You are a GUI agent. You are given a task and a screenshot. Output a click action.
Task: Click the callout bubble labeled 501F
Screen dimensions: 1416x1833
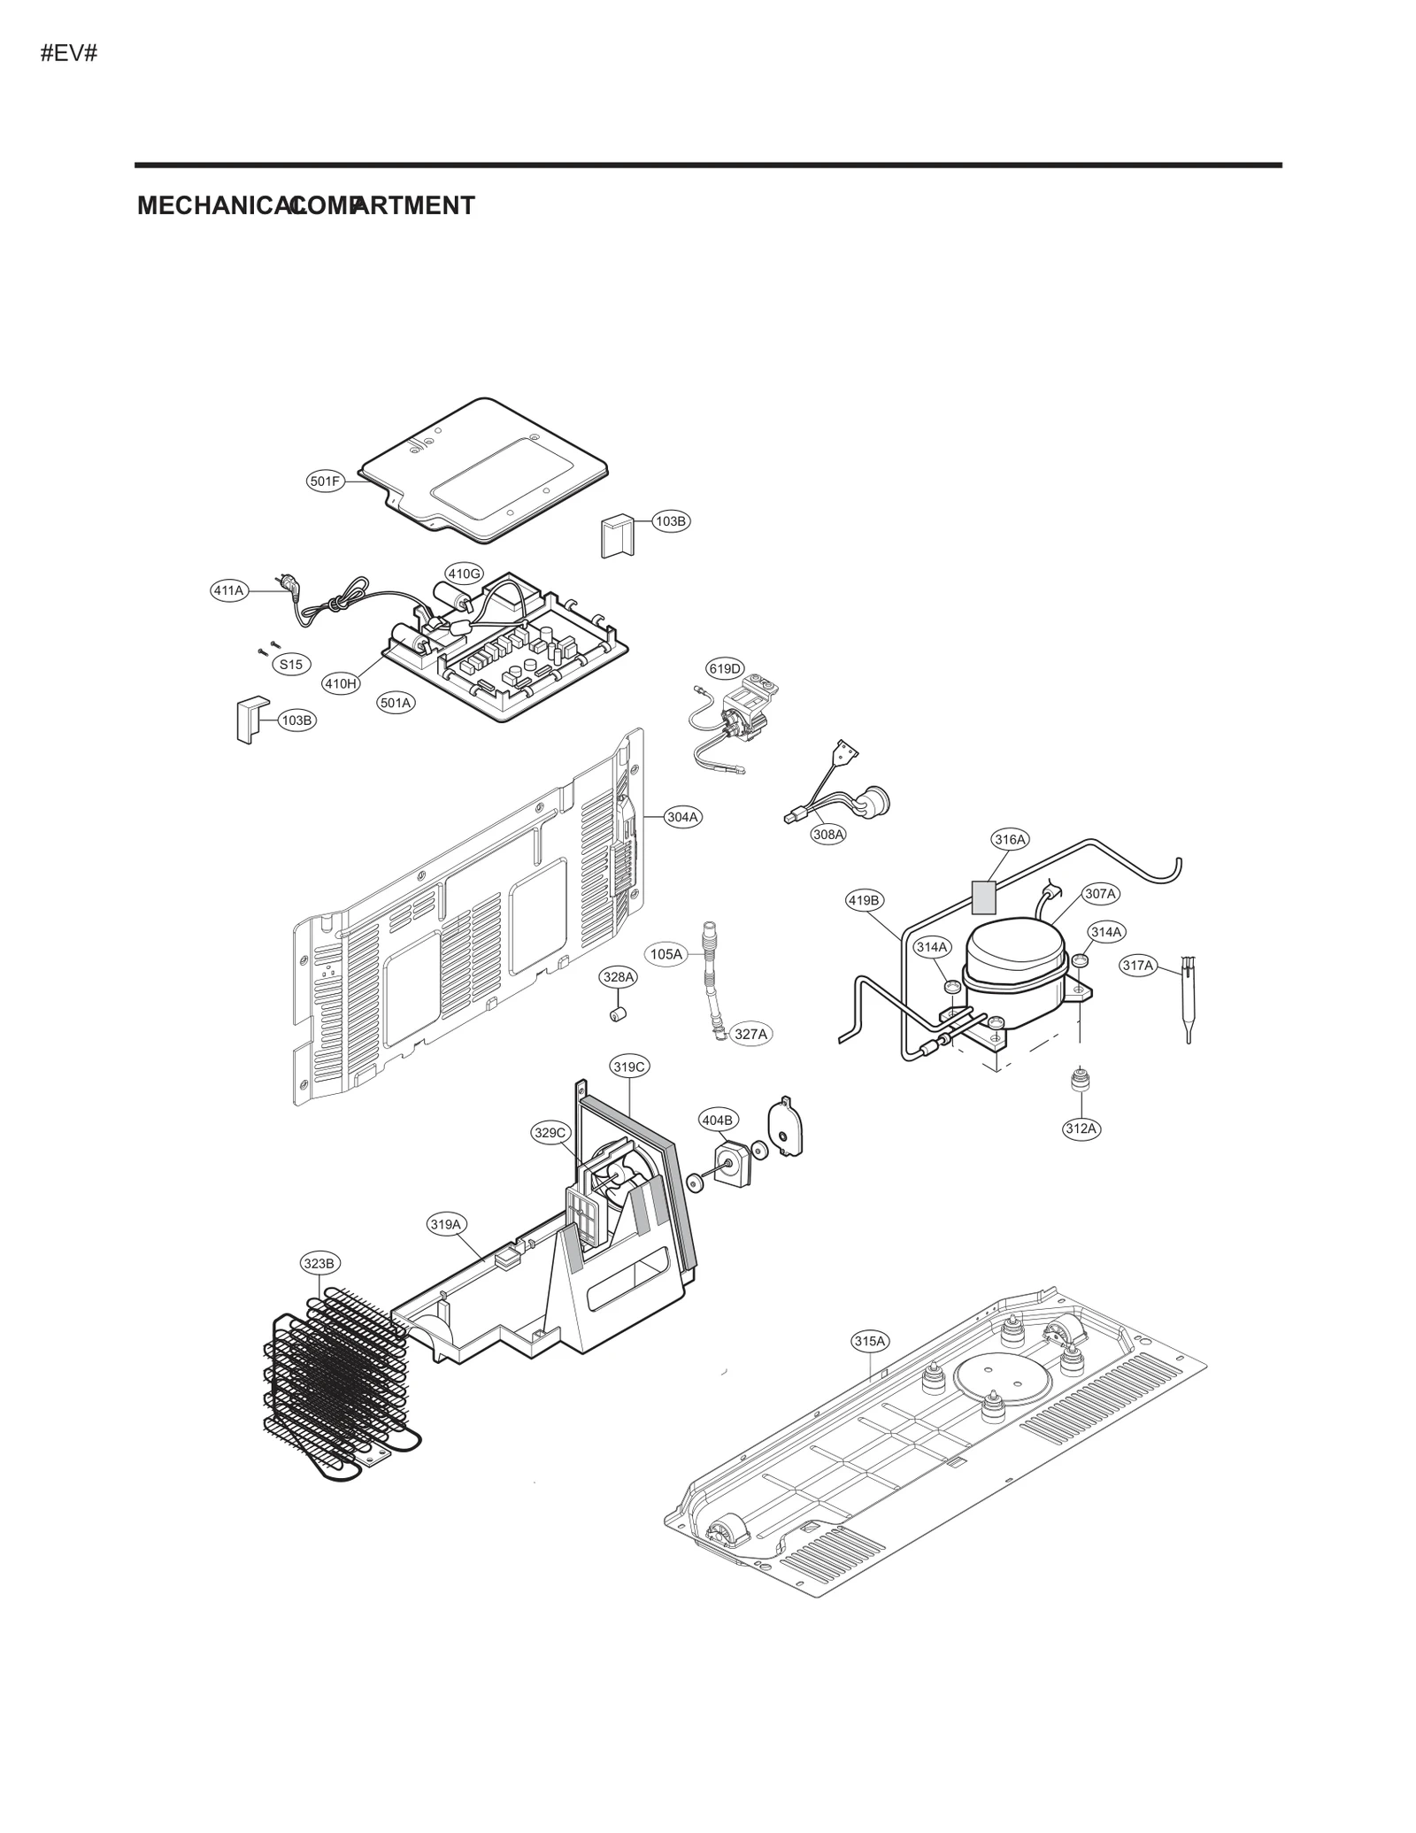325,481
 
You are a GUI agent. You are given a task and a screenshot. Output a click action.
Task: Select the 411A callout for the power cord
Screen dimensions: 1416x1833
228,590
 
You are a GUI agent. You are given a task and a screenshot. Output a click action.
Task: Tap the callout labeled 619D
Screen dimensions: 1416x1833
725,668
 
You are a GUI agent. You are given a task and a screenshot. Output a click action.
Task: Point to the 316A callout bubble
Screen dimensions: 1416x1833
1010,839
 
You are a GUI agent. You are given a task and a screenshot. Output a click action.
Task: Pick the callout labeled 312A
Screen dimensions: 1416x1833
1081,1128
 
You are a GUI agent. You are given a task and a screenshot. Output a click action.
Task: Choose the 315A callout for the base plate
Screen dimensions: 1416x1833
869,1341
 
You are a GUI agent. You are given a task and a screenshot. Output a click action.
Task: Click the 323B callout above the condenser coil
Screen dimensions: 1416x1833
319,1263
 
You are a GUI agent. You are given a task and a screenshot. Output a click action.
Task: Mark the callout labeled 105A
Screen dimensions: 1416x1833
666,954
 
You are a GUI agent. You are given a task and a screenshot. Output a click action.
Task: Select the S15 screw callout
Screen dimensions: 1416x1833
291,664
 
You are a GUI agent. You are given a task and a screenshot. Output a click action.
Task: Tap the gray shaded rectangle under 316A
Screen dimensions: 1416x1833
984,897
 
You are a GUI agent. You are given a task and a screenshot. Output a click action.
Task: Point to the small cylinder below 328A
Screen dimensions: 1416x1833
619,1013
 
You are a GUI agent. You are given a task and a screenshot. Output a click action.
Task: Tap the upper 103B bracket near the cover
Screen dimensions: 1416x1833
618,537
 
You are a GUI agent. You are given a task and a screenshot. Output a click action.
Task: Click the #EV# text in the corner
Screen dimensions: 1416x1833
68,54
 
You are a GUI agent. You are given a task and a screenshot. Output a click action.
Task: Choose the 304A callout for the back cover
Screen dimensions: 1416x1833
682,817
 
